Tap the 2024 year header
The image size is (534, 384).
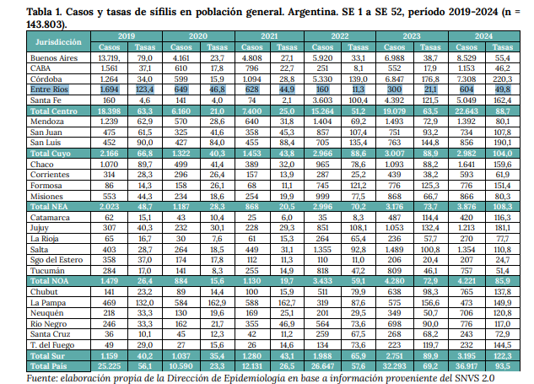[x=484, y=37]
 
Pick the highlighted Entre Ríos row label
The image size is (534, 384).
[x=51, y=88]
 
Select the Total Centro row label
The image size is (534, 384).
[x=57, y=111]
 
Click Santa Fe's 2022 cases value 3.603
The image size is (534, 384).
[x=326, y=99]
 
